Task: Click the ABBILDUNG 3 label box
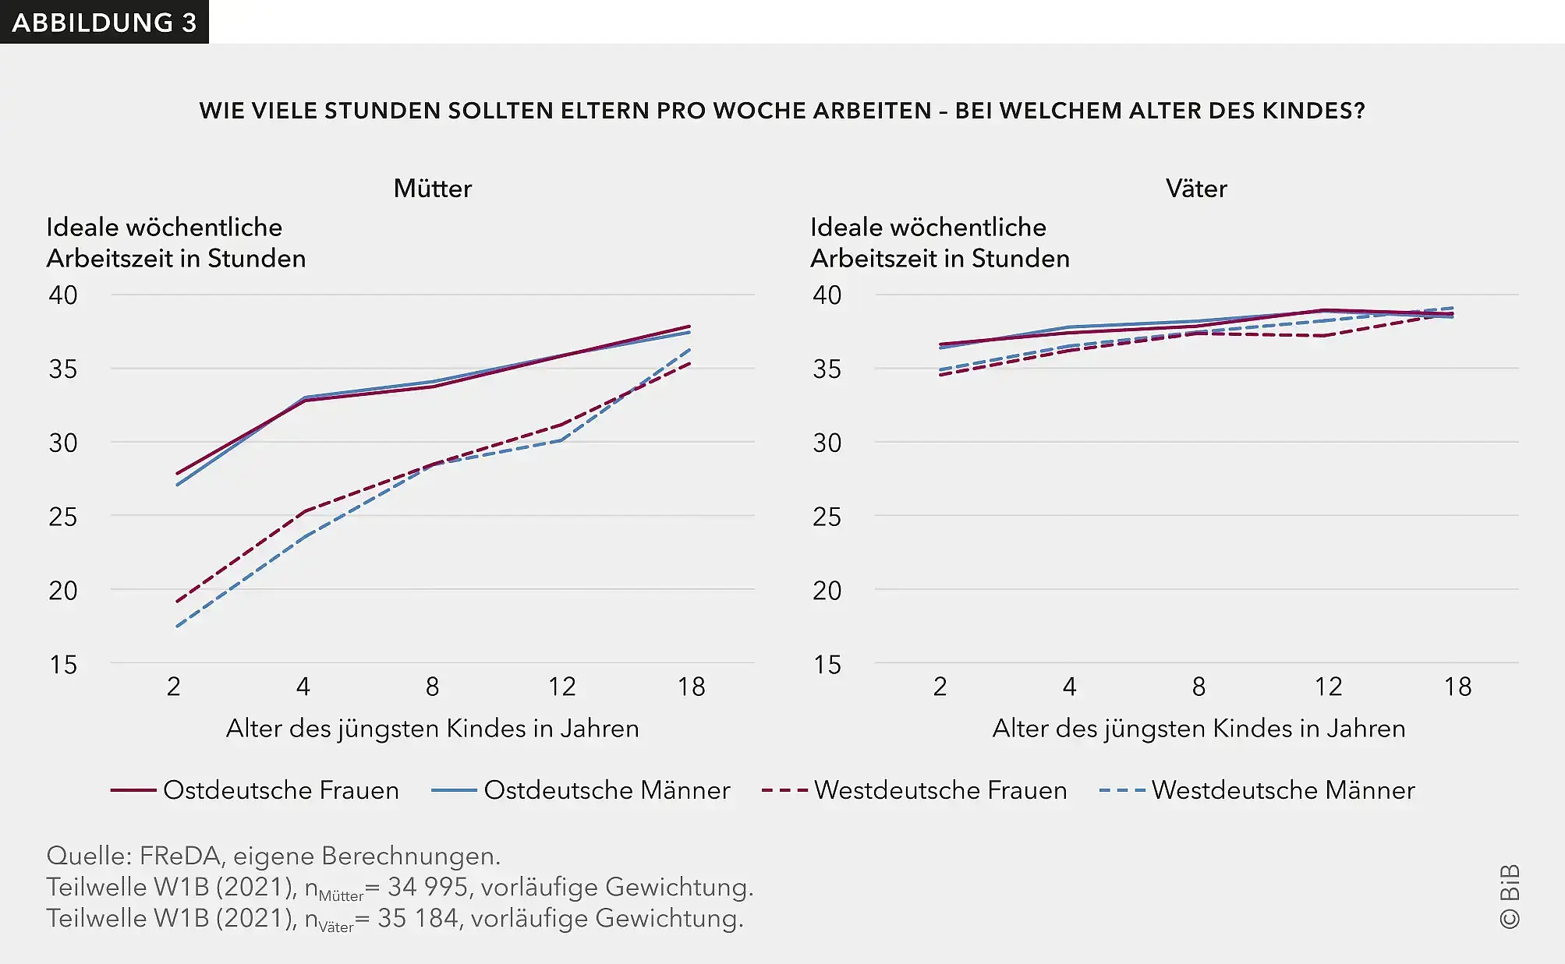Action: pos(104,22)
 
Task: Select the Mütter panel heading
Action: pos(432,189)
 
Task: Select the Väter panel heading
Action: pos(1195,189)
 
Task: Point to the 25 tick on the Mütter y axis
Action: pos(63,517)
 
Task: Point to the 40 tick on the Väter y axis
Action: pos(827,295)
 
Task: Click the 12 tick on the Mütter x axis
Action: pos(561,687)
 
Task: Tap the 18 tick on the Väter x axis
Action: pos(1457,687)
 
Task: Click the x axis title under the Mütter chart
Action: pos(432,729)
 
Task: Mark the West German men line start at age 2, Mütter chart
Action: pos(178,626)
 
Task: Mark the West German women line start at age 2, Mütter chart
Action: pos(178,601)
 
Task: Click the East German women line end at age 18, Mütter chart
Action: pos(689,327)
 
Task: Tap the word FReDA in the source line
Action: pos(179,856)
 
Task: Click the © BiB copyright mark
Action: pos(1510,896)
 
